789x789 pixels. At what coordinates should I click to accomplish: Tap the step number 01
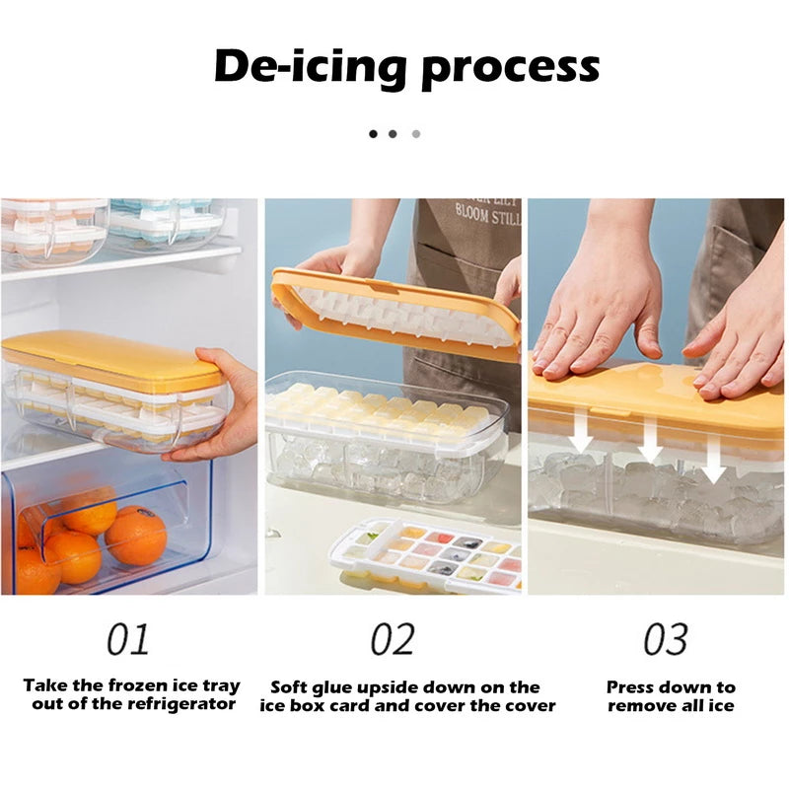pyautogui.click(x=128, y=639)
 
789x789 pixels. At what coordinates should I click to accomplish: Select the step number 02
pyautogui.click(x=393, y=639)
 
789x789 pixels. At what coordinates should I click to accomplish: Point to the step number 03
pyautogui.click(x=666, y=639)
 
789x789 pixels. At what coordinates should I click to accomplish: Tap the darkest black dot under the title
pyautogui.click(x=373, y=134)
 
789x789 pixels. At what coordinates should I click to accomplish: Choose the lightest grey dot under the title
pyautogui.click(x=416, y=134)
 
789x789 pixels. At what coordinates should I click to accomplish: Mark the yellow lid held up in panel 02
pyautogui.click(x=396, y=315)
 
